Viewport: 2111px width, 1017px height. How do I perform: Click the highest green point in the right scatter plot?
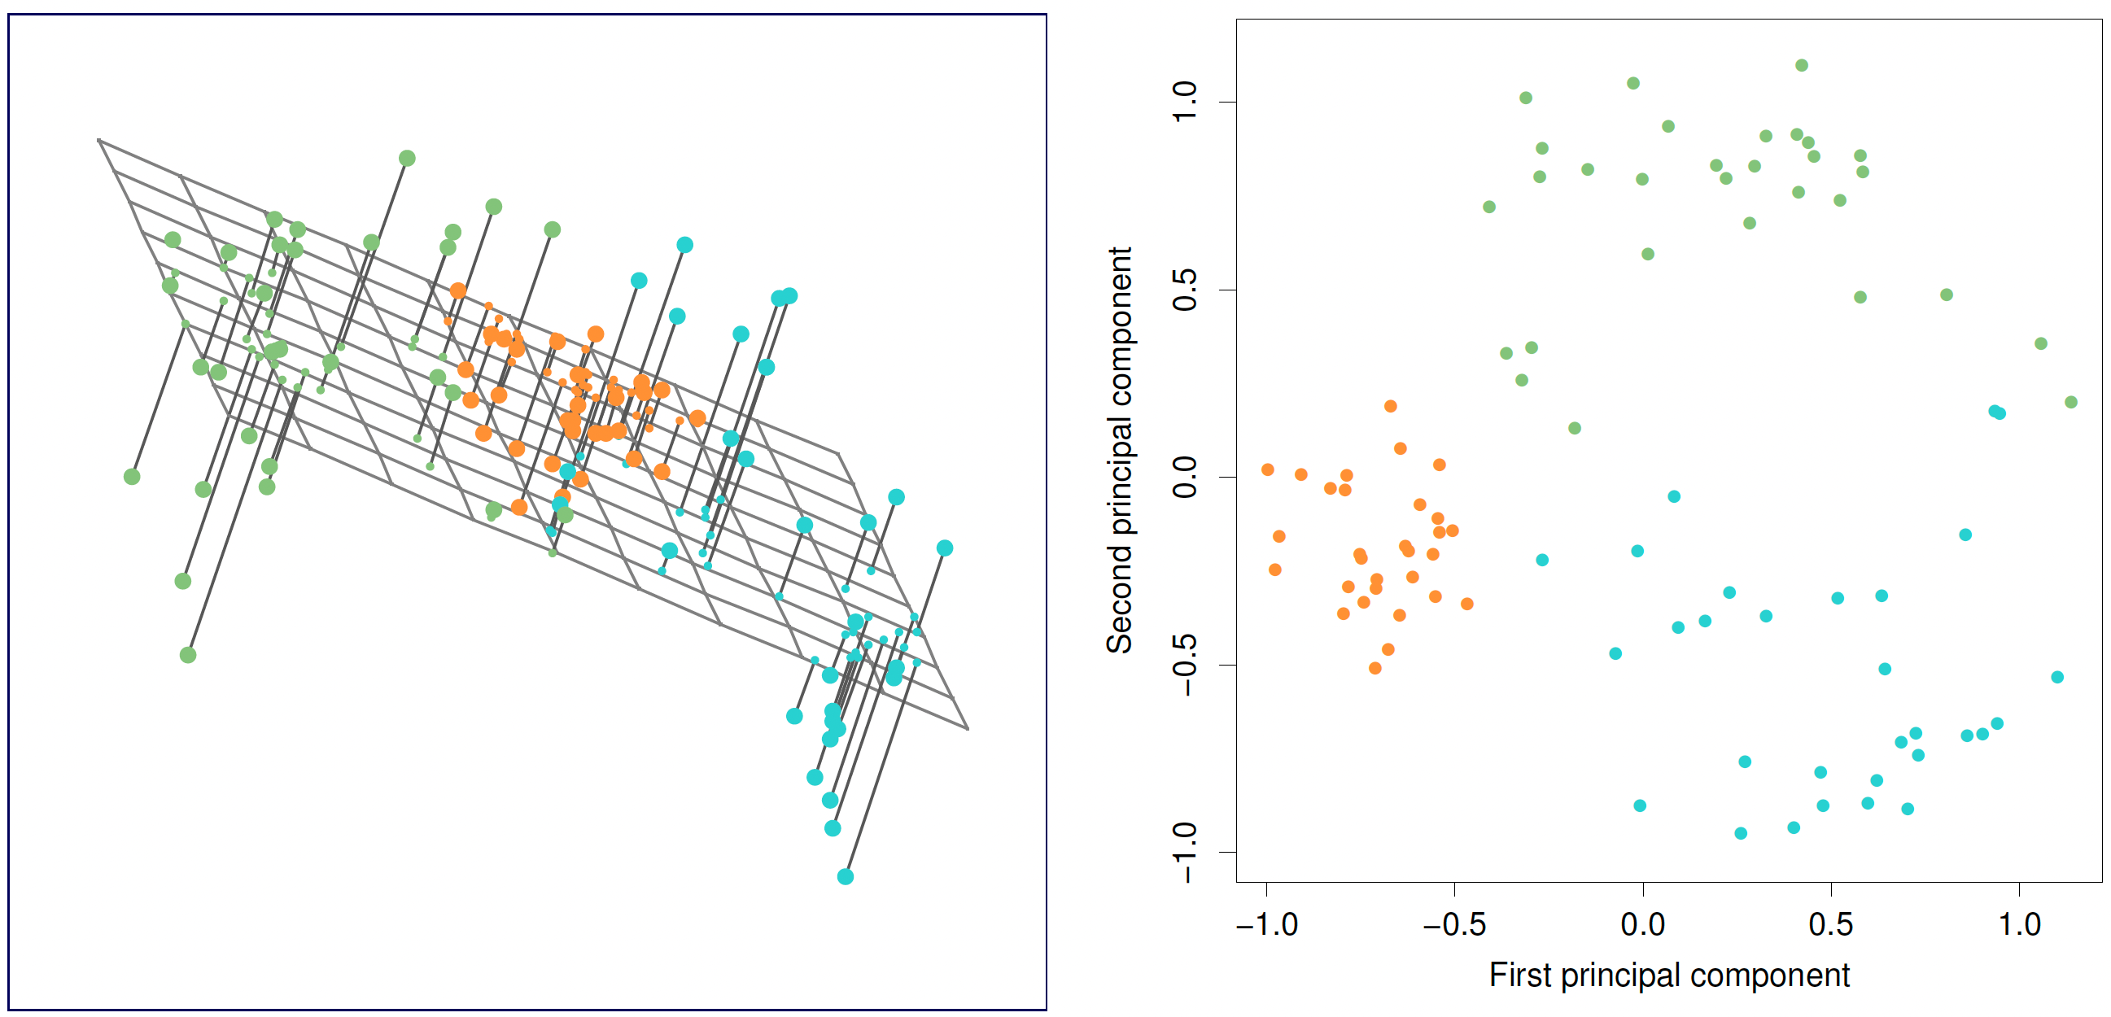point(1801,66)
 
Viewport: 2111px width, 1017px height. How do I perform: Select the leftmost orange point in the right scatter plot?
point(1268,469)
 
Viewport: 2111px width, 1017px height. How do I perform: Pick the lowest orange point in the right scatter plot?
point(1375,668)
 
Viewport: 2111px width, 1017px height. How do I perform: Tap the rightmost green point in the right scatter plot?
point(2071,402)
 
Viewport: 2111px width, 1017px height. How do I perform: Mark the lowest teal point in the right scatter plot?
point(1741,833)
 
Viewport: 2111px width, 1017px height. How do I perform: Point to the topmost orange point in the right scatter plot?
point(1391,406)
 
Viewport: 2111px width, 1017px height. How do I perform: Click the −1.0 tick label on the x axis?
point(1267,924)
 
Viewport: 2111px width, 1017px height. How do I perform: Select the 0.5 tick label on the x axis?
point(1831,924)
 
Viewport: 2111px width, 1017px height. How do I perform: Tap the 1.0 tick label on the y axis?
point(1185,102)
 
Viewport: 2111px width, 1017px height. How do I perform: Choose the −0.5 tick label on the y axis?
point(1185,665)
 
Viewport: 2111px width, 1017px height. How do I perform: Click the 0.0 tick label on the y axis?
point(1185,477)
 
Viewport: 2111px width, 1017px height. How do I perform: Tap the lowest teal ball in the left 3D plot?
point(846,877)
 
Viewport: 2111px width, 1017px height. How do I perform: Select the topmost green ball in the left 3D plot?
point(407,158)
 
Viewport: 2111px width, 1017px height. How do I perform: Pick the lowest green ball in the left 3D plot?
point(188,655)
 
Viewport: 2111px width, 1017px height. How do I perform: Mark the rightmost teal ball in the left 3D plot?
point(945,548)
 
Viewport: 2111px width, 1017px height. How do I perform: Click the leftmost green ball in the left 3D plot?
point(132,476)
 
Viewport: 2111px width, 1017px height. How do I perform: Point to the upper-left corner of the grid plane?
point(98,139)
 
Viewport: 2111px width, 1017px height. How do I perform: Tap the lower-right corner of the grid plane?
point(968,727)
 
